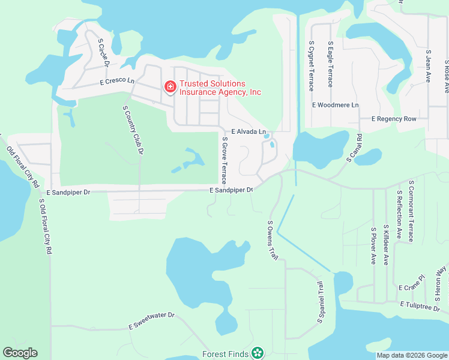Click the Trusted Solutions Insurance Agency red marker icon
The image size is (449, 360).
[170, 88]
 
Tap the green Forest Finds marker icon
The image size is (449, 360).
[258, 353]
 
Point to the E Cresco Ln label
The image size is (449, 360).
[117, 81]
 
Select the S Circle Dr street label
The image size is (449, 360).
[103, 53]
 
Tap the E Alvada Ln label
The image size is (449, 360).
[248, 131]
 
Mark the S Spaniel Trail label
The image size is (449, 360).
[321, 301]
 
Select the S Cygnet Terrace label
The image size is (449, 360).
[311, 66]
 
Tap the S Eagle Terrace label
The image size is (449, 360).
[330, 64]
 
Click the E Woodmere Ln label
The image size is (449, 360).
[335, 105]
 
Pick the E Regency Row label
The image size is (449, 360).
[394, 119]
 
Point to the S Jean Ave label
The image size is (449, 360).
[428, 66]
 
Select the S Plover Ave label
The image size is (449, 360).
[373, 246]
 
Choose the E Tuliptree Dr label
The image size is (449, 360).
[424, 305]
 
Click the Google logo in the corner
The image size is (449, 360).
[20, 353]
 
